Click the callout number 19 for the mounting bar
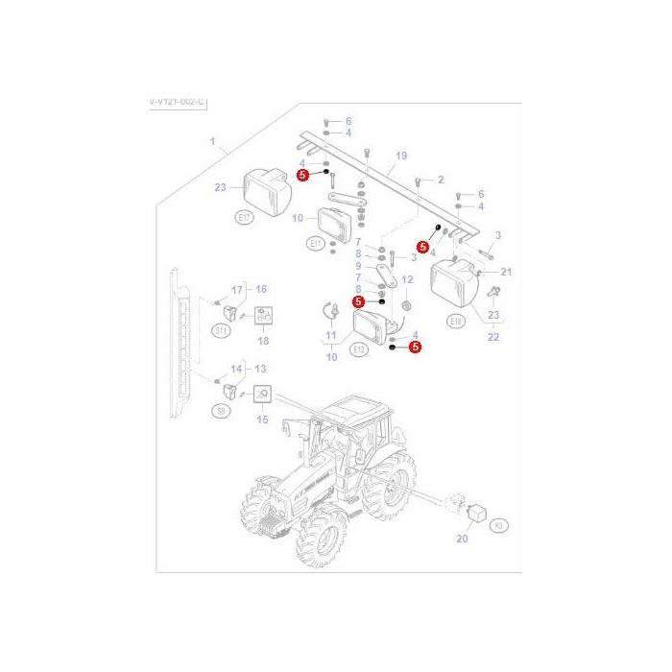[401, 156]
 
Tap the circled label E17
[243, 218]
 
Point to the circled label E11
[317, 244]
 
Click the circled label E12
[359, 350]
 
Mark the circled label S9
[220, 410]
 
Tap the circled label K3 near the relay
[499, 526]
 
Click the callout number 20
[462, 540]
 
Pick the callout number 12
[406, 279]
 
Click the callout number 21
[507, 272]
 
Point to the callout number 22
[493, 336]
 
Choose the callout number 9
[357, 265]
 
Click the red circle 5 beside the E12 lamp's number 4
[416, 348]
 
